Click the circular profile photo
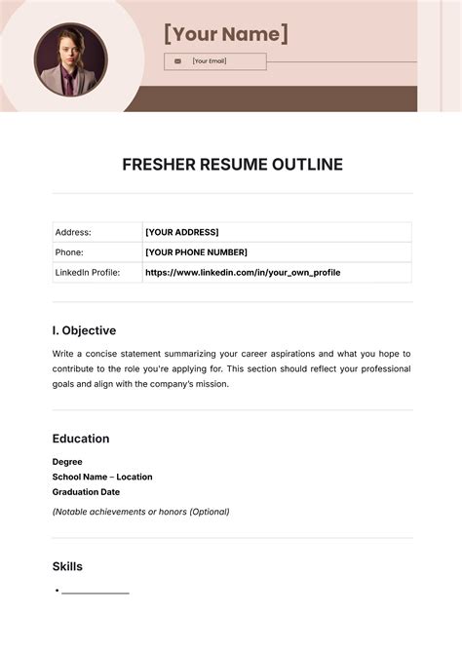click(70, 59)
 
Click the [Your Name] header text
click(226, 34)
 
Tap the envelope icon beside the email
click(177, 61)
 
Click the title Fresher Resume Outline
click(232, 165)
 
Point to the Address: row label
click(73, 232)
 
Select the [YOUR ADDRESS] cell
click(182, 232)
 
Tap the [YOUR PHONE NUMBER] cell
click(196, 252)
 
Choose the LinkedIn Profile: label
click(88, 273)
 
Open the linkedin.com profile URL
click(243, 273)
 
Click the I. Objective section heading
click(84, 330)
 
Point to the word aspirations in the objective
click(278, 353)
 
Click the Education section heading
click(81, 439)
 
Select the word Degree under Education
click(67, 462)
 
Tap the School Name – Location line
click(102, 478)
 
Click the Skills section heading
click(67, 566)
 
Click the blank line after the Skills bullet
click(96, 592)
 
